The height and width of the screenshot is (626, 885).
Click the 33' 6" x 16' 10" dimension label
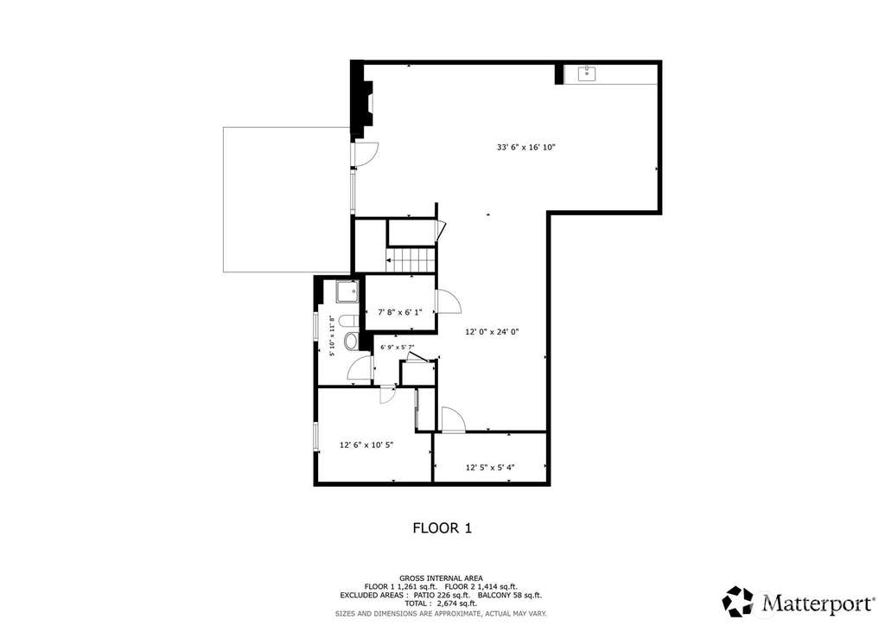coord(526,147)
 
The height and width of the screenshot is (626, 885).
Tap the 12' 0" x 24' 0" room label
coord(492,332)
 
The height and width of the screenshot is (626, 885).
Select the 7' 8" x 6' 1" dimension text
coord(399,312)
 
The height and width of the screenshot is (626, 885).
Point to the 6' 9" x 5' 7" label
coord(398,347)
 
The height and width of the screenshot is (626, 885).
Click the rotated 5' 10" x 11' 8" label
coord(333,335)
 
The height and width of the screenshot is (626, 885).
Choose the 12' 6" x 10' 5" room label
coord(366,444)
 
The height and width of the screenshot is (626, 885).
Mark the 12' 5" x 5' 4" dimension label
coord(490,468)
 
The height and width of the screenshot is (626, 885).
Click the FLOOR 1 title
coord(442,528)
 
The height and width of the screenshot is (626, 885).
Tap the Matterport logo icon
coord(738,602)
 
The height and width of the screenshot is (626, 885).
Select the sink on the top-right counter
coord(587,72)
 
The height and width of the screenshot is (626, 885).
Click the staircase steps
coord(410,260)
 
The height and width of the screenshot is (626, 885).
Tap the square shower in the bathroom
coord(347,292)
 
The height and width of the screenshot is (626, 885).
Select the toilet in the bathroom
coord(349,322)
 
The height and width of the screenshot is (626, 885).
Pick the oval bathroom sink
coord(352,341)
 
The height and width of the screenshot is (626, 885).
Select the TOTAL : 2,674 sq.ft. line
coord(440,604)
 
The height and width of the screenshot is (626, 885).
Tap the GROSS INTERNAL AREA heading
coord(441,578)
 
